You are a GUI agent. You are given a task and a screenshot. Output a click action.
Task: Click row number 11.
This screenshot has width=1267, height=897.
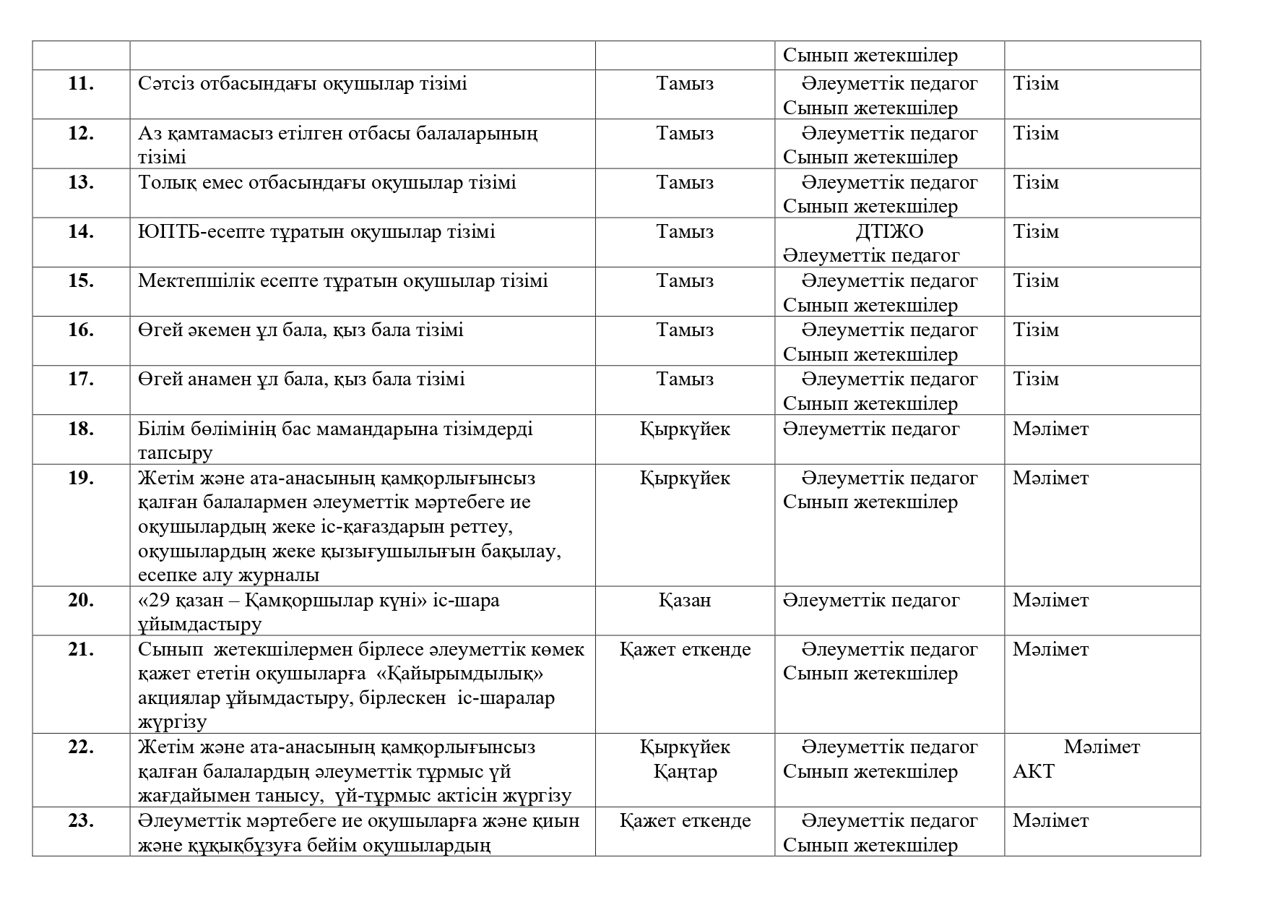[81, 84]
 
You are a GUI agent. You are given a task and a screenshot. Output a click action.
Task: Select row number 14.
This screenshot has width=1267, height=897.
[81, 232]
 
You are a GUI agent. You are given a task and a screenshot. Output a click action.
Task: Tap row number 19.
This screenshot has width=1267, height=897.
[81, 478]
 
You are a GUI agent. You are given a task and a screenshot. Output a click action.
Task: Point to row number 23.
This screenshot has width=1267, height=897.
[81, 821]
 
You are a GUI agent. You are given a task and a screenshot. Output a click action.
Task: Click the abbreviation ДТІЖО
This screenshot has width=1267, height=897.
[889, 232]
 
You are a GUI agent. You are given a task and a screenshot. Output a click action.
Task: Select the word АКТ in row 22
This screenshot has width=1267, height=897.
[1033, 772]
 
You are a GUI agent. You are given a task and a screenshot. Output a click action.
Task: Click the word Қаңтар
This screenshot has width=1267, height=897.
[685, 772]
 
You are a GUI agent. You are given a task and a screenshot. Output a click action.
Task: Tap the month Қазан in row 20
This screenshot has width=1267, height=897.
[685, 601]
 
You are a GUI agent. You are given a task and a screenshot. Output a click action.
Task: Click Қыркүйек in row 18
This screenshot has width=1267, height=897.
[685, 429]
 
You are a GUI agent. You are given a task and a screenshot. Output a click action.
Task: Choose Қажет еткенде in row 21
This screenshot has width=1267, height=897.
[685, 650]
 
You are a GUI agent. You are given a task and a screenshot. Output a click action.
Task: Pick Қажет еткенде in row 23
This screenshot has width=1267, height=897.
[685, 821]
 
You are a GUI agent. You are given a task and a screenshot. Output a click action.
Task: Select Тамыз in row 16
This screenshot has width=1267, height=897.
[685, 330]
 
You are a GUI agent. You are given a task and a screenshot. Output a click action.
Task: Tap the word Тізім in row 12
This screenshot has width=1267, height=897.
[1036, 134]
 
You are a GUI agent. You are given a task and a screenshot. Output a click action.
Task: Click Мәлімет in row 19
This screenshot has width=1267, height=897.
[1050, 478]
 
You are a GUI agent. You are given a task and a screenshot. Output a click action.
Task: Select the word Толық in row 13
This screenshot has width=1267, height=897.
[163, 183]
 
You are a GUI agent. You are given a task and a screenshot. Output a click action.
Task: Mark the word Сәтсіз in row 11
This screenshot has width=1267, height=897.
[163, 84]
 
